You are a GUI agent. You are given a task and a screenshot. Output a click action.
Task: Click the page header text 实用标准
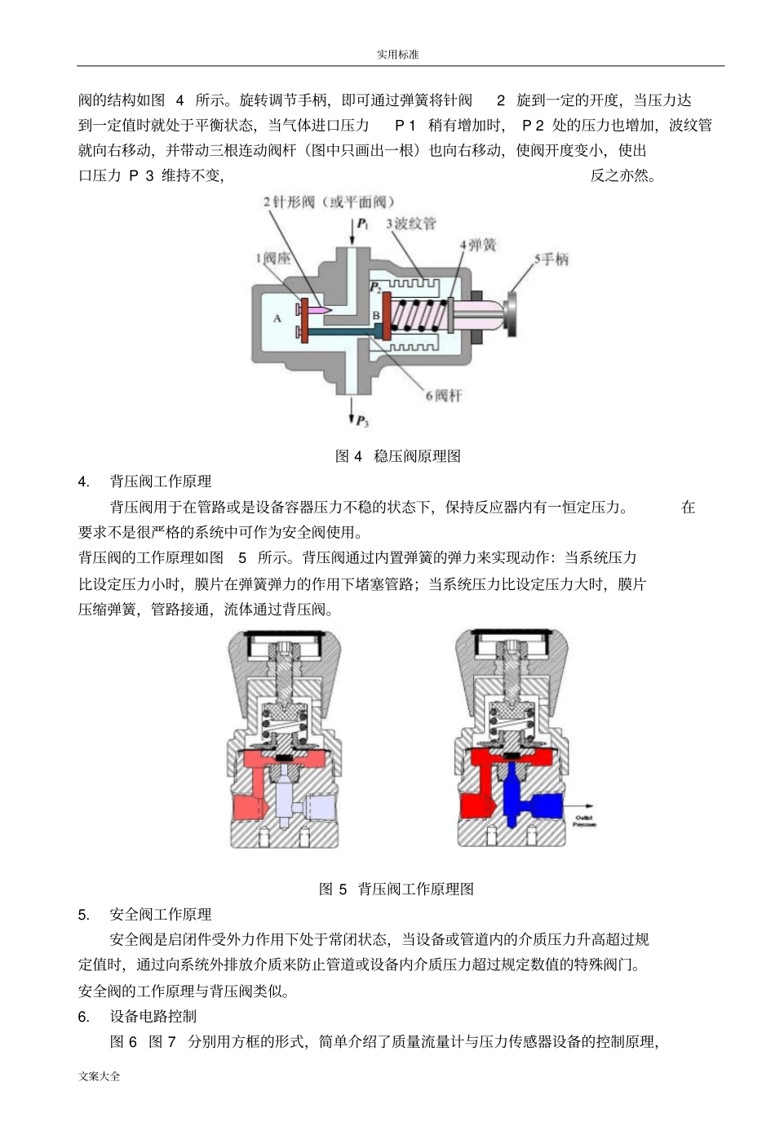(x=397, y=54)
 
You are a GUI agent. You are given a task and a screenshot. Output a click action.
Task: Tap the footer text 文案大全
(x=100, y=1076)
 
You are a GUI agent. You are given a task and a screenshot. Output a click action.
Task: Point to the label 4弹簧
(x=477, y=245)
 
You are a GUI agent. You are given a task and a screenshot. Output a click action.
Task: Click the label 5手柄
(x=551, y=259)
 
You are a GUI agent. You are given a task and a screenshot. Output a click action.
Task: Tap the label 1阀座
(x=272, y=259)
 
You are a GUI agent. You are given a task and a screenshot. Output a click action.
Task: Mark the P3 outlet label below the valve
(x=361, y=422)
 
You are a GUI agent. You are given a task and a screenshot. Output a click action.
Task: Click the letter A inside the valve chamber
(x=277, y=317)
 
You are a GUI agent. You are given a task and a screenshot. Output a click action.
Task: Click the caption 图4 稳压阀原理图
(x=397, y=456)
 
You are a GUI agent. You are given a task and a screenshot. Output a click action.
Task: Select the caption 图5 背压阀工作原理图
(x=396, y=889)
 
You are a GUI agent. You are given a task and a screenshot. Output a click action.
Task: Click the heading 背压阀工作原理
(x=161, y=481)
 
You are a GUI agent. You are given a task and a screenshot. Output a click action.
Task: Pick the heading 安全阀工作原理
(x=161, y=914)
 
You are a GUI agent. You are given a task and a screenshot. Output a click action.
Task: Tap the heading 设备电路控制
(x=153, y=1016)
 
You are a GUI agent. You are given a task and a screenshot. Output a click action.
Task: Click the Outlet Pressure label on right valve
(x=584, y=820)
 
